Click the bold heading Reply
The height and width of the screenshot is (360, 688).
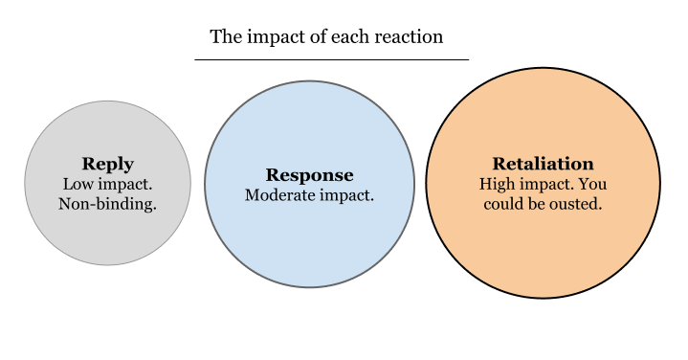click(x=107, y=164)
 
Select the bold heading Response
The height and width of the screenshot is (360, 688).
click(x=309, y=175)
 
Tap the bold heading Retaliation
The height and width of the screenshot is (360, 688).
click(x=543, y=164)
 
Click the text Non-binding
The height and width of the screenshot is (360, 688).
click(x=107, y=203)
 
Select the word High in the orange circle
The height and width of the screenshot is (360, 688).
click(x=498, y=184)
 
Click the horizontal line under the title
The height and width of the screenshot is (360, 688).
click(x=331, y=59)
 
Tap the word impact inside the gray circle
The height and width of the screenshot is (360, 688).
click(x=123, y=184)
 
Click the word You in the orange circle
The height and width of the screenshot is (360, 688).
click(x=593, y=184)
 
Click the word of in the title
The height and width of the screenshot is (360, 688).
click(x=317, y=37)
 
